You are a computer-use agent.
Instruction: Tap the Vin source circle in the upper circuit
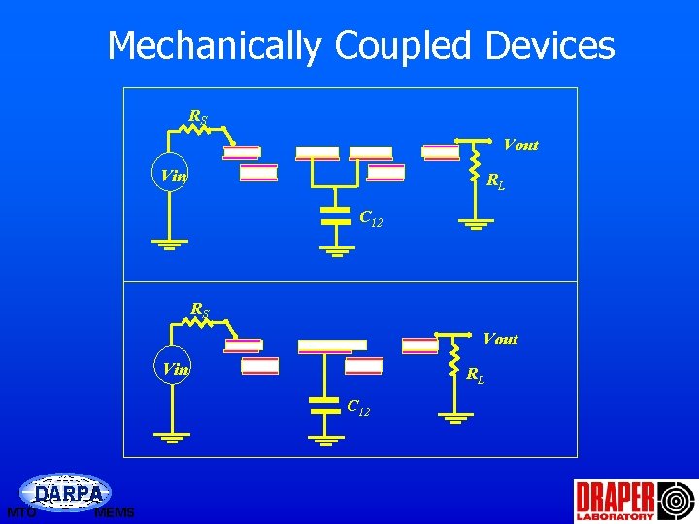pos(172,177)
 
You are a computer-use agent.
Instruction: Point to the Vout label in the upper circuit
pos(520,146)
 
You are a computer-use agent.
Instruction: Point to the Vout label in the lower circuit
pos(500,339)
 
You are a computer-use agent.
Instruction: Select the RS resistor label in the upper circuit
pos(197,118)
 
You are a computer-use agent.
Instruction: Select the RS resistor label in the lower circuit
pos(199,311)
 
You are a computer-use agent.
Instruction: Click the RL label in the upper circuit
pos(495,180)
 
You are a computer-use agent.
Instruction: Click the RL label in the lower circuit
pos(476,375)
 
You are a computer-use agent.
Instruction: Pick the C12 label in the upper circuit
pos(371,219)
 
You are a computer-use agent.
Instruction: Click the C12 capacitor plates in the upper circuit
pos(335,215)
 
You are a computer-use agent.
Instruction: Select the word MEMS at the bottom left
pos(115,513)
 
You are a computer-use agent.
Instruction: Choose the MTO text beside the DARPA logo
pos(20,512)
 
